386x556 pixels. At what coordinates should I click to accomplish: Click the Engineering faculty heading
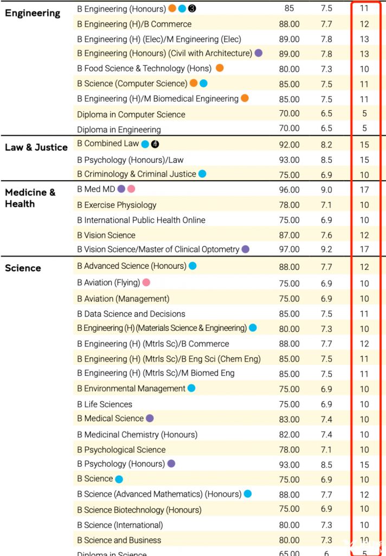(x=33, y=13)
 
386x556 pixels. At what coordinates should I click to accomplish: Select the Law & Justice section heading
(x=36, y=147)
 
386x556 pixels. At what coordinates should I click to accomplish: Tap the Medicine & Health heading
(x=30, y=198)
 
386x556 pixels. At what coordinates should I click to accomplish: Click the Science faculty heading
(x=23, y=268)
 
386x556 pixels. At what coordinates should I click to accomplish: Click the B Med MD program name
(x=96, y=189)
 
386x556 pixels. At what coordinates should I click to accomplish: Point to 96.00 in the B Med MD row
(x=289, y=190)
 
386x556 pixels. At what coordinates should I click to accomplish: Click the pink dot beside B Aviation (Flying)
(x=146, y=282)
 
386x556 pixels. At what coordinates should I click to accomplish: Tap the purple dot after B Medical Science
(x=150, y=418)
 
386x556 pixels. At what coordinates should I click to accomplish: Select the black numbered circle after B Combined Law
(x=156, y=144)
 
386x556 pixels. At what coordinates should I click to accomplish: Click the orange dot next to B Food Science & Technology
(x=220, y=68)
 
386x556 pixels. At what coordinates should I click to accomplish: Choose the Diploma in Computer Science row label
(x=131, y=114)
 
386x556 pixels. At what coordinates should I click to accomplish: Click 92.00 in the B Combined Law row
(x=289, y=144)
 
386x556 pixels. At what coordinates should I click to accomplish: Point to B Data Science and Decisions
(x=131, y=314)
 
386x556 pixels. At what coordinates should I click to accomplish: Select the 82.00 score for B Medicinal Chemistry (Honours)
(x=289, y=434)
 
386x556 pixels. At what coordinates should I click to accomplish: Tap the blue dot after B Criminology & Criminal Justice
(x=202, y=174)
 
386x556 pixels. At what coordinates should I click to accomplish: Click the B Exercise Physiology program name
(x=117, y=205)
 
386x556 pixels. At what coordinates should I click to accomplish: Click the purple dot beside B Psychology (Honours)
(x=171, y=464)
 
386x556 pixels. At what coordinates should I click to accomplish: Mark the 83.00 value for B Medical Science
(x=289, y=419)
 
